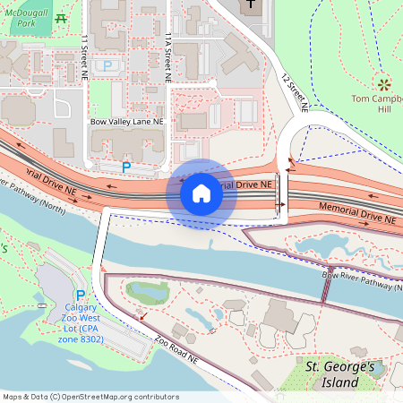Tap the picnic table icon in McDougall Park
tap(61, 18)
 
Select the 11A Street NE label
tap(167, 57)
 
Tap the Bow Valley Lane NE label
tap(126, 121)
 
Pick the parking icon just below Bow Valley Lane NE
tap(126, 167)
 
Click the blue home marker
tap(201, 193)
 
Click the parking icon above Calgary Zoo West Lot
tap(81, 295)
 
